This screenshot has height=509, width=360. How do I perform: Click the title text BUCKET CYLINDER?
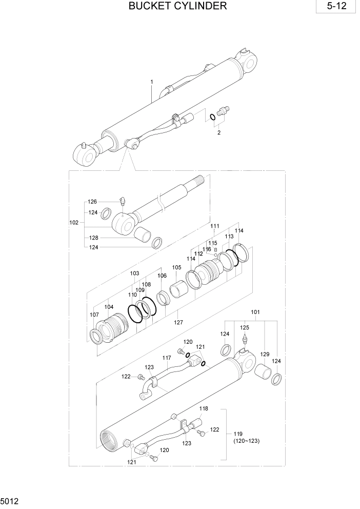[x=177, y=6]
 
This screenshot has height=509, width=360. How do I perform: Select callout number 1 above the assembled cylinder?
[x=152, y=82]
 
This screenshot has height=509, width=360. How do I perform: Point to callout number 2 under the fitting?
[x=219, y=132]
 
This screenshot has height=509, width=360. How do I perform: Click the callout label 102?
[x=73, y=223]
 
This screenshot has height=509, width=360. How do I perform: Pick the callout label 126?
[x=92, y=202]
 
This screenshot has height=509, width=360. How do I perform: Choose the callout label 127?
[x=178, y=323]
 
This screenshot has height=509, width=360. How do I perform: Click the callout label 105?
[x=176, y=267]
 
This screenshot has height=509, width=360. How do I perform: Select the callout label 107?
[x=94, y=315]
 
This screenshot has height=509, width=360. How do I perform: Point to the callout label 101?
[x=255, y=312]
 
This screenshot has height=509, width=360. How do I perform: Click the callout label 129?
[x=265, y=355]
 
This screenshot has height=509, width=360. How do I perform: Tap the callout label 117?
[x=167, y=358]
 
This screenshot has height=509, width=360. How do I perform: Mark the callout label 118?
[x=204, y=408]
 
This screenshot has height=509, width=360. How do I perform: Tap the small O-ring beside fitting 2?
[x=211, y=118]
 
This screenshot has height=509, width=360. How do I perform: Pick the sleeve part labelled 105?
[x=180, y=286]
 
